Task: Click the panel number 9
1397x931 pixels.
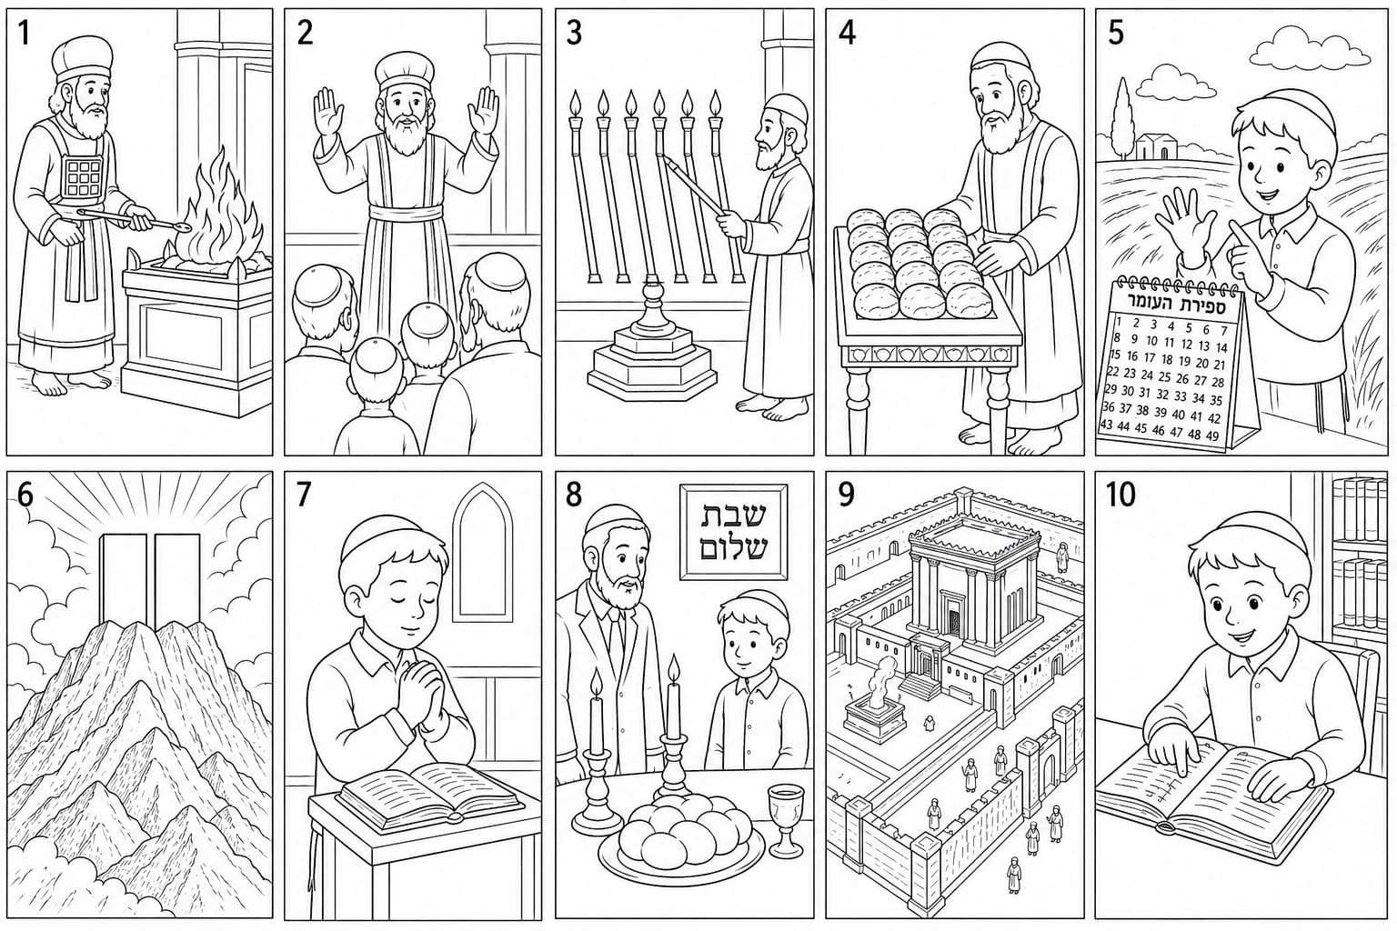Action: click(846, 495)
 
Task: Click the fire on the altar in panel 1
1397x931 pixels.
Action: click(219, 209)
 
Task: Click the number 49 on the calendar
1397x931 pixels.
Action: click(1211, 436)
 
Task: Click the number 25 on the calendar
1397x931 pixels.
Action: click(1164, 377)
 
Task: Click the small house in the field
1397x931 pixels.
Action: click(1154, 146)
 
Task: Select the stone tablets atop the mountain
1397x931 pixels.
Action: click(149, 577)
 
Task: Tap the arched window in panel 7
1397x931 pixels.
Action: click(482, 555)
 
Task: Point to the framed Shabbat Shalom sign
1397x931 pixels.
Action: click(733, 532)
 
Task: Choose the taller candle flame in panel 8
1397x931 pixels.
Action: click(674, 668)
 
